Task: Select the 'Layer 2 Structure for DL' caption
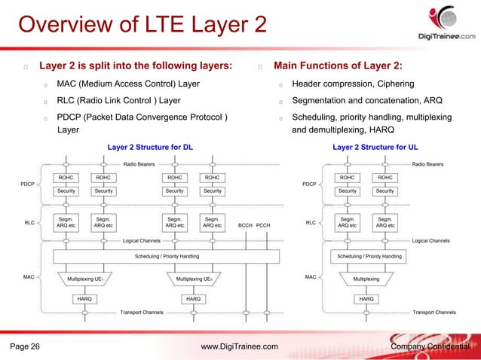(150, 147)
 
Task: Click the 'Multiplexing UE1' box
(84, 279)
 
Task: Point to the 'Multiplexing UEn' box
(193, 279)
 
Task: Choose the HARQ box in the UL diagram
(366, 299)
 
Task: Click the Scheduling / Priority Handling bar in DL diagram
(167, 257)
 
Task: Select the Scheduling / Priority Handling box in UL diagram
(369, 257)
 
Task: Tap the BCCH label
(245, 224)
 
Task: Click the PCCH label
(263, 224)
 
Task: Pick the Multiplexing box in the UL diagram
(366, 279)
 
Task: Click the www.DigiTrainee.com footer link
(240, 346)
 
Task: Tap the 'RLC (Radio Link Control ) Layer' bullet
(118, 100)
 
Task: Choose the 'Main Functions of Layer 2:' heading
(342, 66)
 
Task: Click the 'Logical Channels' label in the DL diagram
(142, 241)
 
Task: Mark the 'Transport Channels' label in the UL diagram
(434, 311)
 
